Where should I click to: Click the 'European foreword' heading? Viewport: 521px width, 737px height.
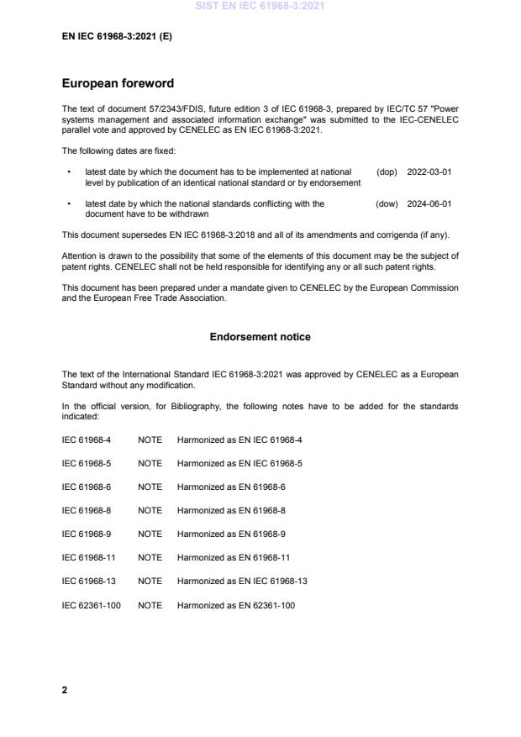point(117,84)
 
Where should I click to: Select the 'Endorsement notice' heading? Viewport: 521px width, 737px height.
point(260,337)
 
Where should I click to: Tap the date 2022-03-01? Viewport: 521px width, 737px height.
point(429,171)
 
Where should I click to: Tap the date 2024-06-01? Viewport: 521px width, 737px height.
point(429,203)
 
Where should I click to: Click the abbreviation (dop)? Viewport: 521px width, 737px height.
point(387,171)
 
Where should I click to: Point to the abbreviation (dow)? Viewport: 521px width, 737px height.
point(387,203)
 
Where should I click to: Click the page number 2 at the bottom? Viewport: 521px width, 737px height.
point(65,689)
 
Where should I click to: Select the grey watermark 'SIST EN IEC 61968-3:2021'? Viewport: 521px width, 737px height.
point(260,7)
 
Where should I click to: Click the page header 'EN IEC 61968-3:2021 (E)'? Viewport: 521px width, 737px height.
point(118,37)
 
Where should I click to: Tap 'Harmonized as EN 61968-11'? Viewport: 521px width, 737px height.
point(230,557)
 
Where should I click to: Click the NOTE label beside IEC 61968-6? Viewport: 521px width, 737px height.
point(150,487)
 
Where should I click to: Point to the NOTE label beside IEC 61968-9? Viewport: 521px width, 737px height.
point(150,534)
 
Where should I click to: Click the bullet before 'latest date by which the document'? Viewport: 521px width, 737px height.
point(68,171)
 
